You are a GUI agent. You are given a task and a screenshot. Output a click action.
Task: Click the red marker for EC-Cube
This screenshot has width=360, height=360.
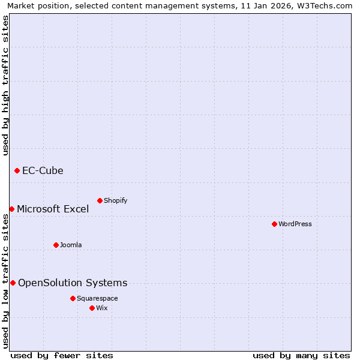point(17,171)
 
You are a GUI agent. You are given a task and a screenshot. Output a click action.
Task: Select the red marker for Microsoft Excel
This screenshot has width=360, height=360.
point(11,209)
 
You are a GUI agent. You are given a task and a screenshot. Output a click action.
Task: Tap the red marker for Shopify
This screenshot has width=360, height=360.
point(100,200)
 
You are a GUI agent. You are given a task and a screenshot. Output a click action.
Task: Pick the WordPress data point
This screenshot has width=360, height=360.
point(274,224)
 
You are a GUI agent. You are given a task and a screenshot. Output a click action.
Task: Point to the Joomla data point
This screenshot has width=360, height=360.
point(56,245)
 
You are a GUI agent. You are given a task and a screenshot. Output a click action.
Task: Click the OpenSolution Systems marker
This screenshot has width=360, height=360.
point(13,283)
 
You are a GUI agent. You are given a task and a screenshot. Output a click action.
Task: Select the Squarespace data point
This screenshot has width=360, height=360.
point(73,298)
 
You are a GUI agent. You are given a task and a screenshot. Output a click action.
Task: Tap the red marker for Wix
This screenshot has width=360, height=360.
point(92,308)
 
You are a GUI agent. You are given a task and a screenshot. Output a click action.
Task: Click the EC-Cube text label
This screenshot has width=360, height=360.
point(43,171)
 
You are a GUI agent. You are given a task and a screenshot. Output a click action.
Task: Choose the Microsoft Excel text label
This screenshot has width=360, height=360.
point(53,209)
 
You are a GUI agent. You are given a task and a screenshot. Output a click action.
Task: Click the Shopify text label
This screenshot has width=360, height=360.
point(115,200)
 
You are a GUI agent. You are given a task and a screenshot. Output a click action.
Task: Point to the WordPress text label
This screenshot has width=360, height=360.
point(295,224)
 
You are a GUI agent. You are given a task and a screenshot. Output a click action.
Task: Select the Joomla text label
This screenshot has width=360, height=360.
point(71,245)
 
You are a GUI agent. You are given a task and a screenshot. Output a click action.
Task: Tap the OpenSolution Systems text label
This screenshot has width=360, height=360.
point(73,283)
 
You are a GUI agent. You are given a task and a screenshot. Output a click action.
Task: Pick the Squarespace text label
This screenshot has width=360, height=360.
point(97,298)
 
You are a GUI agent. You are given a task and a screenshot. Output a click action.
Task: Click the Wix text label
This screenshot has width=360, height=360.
point(101,308)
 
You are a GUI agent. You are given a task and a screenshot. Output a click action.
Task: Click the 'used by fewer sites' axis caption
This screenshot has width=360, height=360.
point(62,355)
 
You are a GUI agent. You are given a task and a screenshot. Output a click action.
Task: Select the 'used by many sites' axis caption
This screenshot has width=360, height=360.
point(301,355)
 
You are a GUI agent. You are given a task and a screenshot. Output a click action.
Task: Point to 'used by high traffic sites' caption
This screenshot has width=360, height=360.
point(5,85)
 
